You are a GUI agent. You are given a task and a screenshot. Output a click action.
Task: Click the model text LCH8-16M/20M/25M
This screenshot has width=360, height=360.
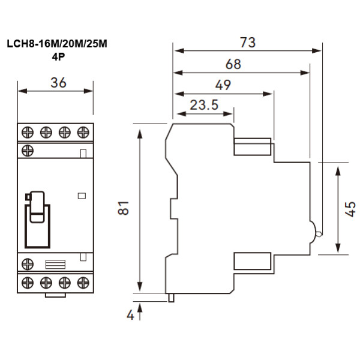pos(58,44)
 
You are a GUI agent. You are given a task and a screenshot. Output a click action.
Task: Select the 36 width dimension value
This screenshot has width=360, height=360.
pos(58,83)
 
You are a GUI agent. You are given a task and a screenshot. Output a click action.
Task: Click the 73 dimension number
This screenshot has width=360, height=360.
pos(247,43)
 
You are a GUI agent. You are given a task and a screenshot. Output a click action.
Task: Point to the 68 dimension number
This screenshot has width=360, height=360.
pos(233,64)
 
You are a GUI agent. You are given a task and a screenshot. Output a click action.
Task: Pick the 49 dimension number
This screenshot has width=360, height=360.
pos(222,85)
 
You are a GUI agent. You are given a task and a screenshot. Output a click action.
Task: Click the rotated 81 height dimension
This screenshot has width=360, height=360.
pos(124,208)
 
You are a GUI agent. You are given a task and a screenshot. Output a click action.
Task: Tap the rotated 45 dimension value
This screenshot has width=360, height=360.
pos(351,208)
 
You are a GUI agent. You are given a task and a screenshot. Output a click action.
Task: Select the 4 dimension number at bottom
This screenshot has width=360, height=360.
pos(130,314)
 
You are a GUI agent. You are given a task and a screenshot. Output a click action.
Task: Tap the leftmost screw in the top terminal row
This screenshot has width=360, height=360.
pos(27,131)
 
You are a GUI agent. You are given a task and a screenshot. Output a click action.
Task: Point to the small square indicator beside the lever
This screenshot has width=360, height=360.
pos(82,195)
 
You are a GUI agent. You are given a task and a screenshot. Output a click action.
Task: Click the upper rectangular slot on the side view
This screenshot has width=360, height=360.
pos(253,147)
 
